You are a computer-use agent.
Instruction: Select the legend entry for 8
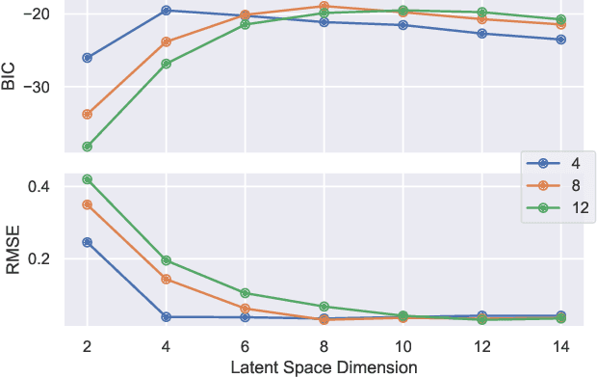pos(558,185)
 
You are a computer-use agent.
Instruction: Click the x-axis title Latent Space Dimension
pos(324,367)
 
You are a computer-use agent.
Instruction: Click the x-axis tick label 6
pos(245,345)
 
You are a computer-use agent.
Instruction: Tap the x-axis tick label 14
pos(560,345)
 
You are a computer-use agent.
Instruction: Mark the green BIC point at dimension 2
pos(88,147)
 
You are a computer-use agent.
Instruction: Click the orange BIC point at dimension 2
pos(88,114)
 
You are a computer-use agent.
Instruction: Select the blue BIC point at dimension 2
pos(88,58)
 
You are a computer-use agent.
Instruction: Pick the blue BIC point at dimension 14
pos(561,40)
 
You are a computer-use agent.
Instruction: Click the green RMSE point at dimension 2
pos(88,179)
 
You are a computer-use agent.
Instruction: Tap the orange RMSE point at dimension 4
pos(167,280)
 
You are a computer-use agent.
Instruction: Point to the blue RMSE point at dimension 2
pos(88,242)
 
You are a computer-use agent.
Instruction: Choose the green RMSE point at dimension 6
pos(246,293)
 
